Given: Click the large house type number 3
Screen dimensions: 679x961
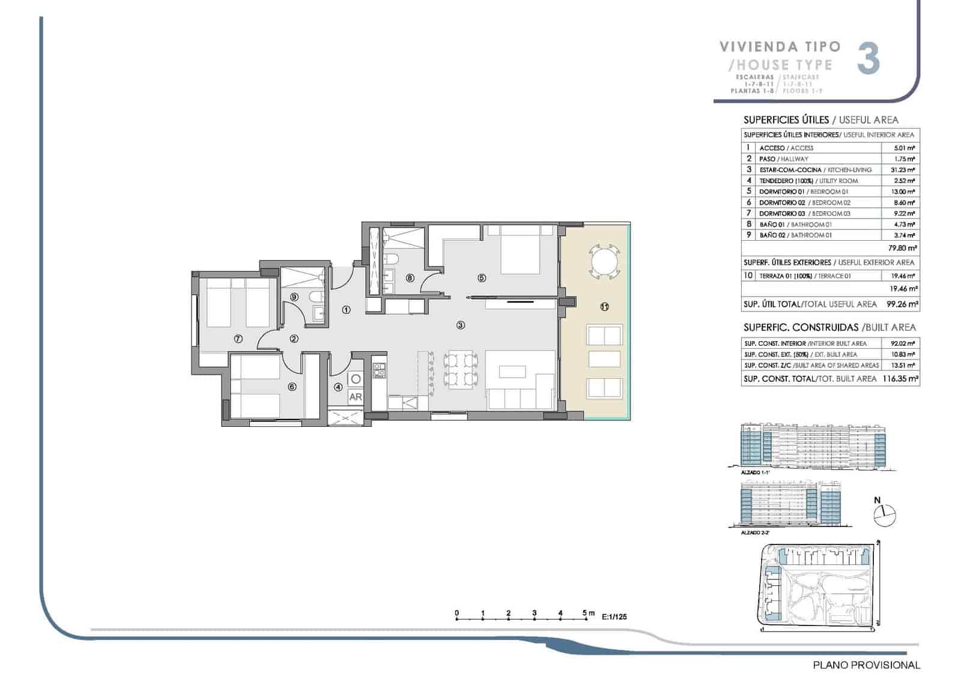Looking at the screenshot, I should click(869, 59).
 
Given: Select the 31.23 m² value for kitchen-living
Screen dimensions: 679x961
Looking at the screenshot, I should click(902, 170).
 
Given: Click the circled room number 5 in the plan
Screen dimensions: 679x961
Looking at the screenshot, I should click(481, 278).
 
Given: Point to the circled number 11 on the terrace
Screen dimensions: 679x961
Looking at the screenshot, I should click(604, 307).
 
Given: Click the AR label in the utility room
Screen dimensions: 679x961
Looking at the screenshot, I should click(355, 397).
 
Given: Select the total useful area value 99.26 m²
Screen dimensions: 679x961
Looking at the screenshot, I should click(902, 304).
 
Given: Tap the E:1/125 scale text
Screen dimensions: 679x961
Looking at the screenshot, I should click(614, 617).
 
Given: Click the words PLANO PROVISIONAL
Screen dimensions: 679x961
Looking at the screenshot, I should click(866, 665).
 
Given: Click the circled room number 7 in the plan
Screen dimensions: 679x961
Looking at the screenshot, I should click(238, 339).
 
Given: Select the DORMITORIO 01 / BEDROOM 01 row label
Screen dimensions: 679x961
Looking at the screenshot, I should click(803, 192).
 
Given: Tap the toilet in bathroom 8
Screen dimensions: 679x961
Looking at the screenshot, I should click(391, 259).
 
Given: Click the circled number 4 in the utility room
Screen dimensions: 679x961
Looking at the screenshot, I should click(338, 387).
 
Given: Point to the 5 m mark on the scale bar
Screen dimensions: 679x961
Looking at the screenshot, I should click(586, 613).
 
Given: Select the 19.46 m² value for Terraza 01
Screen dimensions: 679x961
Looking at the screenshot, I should click(903, 276).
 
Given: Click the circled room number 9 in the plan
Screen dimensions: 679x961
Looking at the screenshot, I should click(294, 297).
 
